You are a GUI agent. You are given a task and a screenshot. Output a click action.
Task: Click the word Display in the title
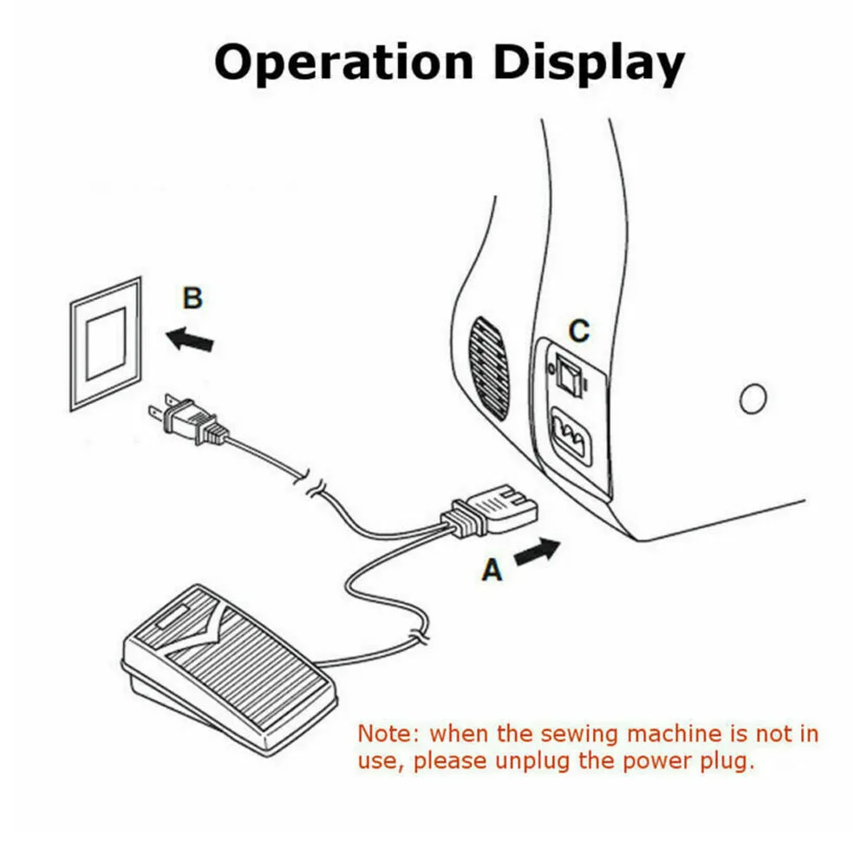pyautogui.click(x=587, y=63)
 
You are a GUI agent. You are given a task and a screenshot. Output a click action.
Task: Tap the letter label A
pyautogui.click(x=492, y=570)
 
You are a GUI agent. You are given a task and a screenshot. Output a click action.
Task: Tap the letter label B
pyautogui.click(x=192, y=298)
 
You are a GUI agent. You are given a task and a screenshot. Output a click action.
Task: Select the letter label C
pyautogui.click(x=578, y=330)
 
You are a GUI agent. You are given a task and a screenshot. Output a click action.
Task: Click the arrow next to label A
pyautogui.click(x=538, y=551)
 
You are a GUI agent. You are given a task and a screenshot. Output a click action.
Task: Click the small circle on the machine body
pyautogui.click(x=753, y=398)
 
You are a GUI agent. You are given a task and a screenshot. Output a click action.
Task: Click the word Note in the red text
pyautogui.click(x=388, y=733)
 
